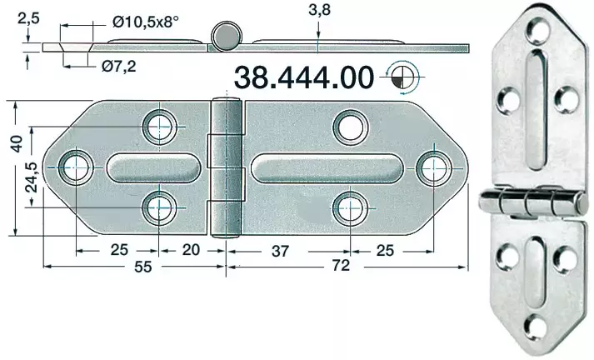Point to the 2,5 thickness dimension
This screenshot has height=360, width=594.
click(x=29, y=15)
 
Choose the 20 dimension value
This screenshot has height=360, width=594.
click(x=191, y=249)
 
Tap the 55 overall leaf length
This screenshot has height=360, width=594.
click(x=142, y=267)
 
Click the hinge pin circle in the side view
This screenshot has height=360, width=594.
click(x=225, y=37)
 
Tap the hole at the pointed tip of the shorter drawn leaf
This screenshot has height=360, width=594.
click(x=73, y=165)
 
